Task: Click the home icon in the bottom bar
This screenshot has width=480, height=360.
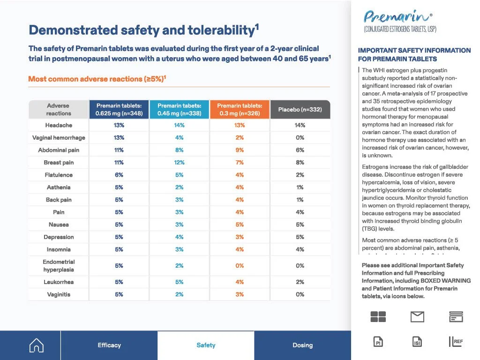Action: (x=37, y=345)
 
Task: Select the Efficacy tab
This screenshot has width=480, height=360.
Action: (x=109, y=345)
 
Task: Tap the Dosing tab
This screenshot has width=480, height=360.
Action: (x=303, y=345)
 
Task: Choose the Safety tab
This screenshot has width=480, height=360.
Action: (x=206, y=345)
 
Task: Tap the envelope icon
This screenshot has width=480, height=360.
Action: (x=417, y=316)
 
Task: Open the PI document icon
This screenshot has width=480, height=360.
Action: (x=378, y=342)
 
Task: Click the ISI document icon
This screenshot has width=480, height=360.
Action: (x=417, y=342)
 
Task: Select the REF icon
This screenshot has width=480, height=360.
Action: (x=456, y=342)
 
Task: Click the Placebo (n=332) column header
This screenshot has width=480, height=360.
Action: (x=300, y=109)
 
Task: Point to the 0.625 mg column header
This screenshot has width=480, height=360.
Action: (x=119, y=109)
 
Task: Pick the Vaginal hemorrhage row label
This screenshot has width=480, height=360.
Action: (x=59, y=138)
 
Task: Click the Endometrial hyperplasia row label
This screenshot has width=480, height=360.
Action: (x=59, y=266)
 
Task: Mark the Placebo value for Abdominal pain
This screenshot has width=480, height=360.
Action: (x=300, y=150)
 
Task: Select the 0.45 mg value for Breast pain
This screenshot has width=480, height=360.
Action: (x=180, y=163)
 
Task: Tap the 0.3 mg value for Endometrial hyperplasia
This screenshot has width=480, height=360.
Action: (x=240, y=266)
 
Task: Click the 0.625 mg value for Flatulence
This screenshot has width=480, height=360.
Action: (x=119, y=175)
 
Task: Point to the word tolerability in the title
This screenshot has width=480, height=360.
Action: (x=221, y=30)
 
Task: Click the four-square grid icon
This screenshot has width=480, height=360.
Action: (x=378, y=316)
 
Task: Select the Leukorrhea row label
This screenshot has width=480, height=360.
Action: (x=59, y=282)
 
